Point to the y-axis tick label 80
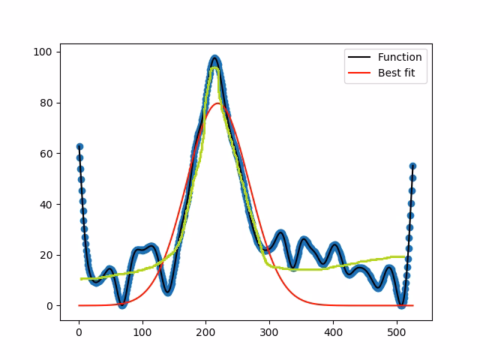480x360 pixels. [x=46, y=103]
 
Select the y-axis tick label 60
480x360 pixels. [x=46, y=154]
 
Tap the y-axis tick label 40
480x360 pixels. [x=46, y=205]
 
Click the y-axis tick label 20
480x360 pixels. [x=46, y=255]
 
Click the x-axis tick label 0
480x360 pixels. [x=79, y=331]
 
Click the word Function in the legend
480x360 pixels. [x=400, y=58]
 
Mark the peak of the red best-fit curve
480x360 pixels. [x=218, y=103]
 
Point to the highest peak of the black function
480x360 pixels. [x=215, y=57]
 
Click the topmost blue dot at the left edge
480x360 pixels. [x=79, y=147]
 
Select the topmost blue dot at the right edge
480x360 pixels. [x=412, y=166]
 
